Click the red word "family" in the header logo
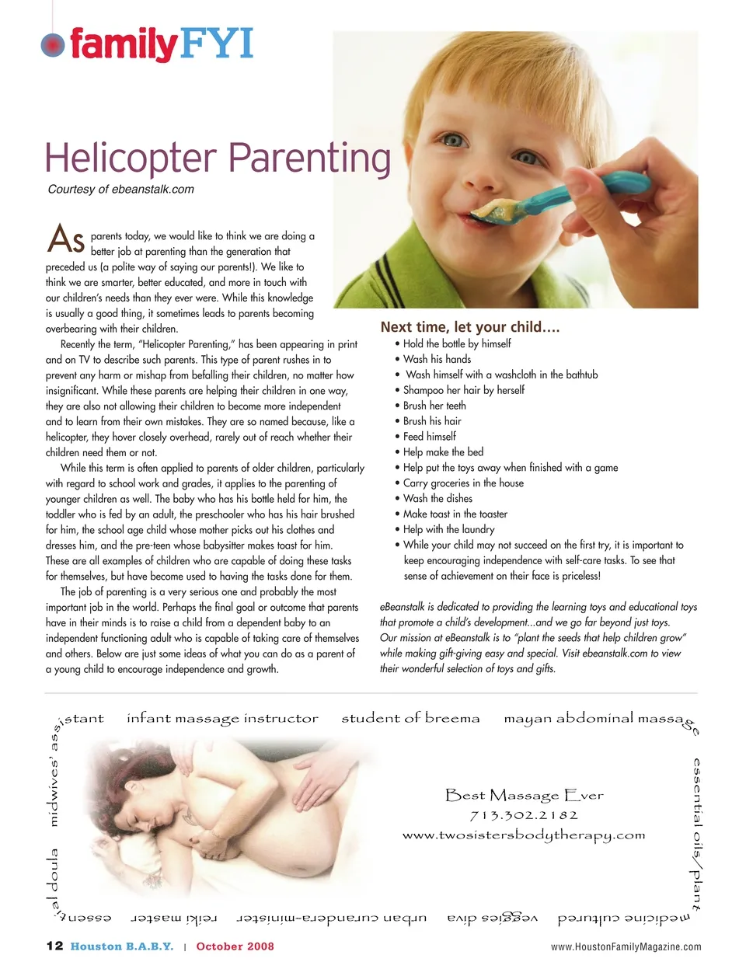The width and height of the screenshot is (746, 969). click(123, 44)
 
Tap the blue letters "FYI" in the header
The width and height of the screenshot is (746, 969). click(217, 44)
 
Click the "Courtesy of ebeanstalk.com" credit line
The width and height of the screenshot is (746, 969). click(121, 190)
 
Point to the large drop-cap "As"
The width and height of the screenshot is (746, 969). click(66, 239)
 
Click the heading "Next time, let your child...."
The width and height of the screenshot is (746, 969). click(470, 327)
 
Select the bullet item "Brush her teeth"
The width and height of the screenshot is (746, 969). click(434, 406)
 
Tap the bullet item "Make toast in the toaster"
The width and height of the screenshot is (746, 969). click(455, 514)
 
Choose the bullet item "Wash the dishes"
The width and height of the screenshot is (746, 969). click(437, 499)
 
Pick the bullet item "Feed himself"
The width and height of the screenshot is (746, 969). click(429, 437)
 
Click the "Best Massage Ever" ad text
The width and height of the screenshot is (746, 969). click(525, 795)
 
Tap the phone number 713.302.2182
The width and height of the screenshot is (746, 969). click(525, 815)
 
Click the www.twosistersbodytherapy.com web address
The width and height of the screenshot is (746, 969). click(524, 835)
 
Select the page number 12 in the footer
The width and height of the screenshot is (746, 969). click(54, 946)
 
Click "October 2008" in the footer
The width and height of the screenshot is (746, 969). click(235, 946)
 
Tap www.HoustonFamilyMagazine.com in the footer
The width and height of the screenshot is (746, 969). click(626, 946)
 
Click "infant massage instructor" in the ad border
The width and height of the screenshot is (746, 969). click(222, 719)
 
